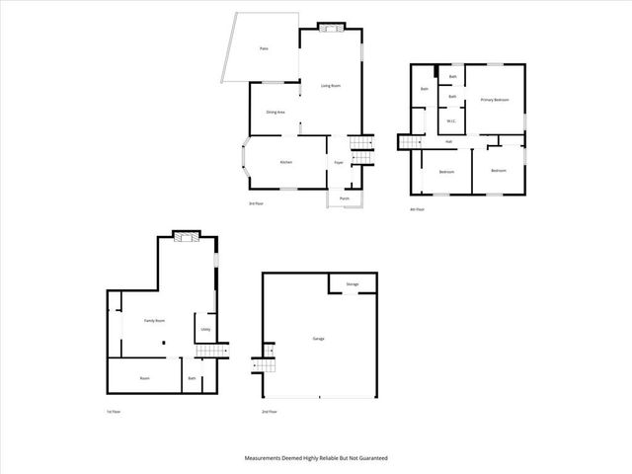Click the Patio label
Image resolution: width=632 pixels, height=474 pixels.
(264, 48)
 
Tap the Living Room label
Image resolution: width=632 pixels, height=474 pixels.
(331, 86)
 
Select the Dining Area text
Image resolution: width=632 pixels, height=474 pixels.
(276, 113)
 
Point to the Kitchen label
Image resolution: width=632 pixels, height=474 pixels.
(286, 162)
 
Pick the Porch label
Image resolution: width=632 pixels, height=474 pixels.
(345, 198)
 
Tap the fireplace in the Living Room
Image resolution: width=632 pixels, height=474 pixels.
(332, 28)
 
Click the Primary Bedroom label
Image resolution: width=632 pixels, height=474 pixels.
(495, 100)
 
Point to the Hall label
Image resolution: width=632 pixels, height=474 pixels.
(448, 142)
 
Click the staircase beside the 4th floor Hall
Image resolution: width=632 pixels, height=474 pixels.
(410, 143)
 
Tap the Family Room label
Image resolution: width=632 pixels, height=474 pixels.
(154, 321)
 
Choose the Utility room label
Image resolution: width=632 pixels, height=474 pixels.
(205, 330)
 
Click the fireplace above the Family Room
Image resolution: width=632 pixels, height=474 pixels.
(185, 235)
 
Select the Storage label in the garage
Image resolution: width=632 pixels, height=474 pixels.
(353, 284)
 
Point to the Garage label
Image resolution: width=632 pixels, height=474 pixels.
(319, 339)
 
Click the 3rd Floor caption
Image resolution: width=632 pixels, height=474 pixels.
(255, 202)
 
